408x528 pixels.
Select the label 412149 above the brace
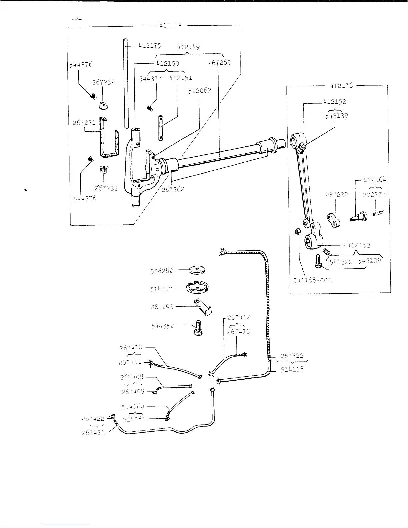(x=189, y=47)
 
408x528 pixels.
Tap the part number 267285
(x=219, y=62)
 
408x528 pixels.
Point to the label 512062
(x=199, y=90)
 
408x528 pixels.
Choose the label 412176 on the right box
(x=341, y=86)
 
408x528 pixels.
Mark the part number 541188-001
(x=312, y=280)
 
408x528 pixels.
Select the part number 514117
(x=161, y=289)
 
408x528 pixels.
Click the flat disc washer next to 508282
(x=196, y=269)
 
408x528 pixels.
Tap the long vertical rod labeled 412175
(x=126, y=83)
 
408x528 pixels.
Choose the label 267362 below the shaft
(x=173, y=189)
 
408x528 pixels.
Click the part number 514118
(x=292, y=369)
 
